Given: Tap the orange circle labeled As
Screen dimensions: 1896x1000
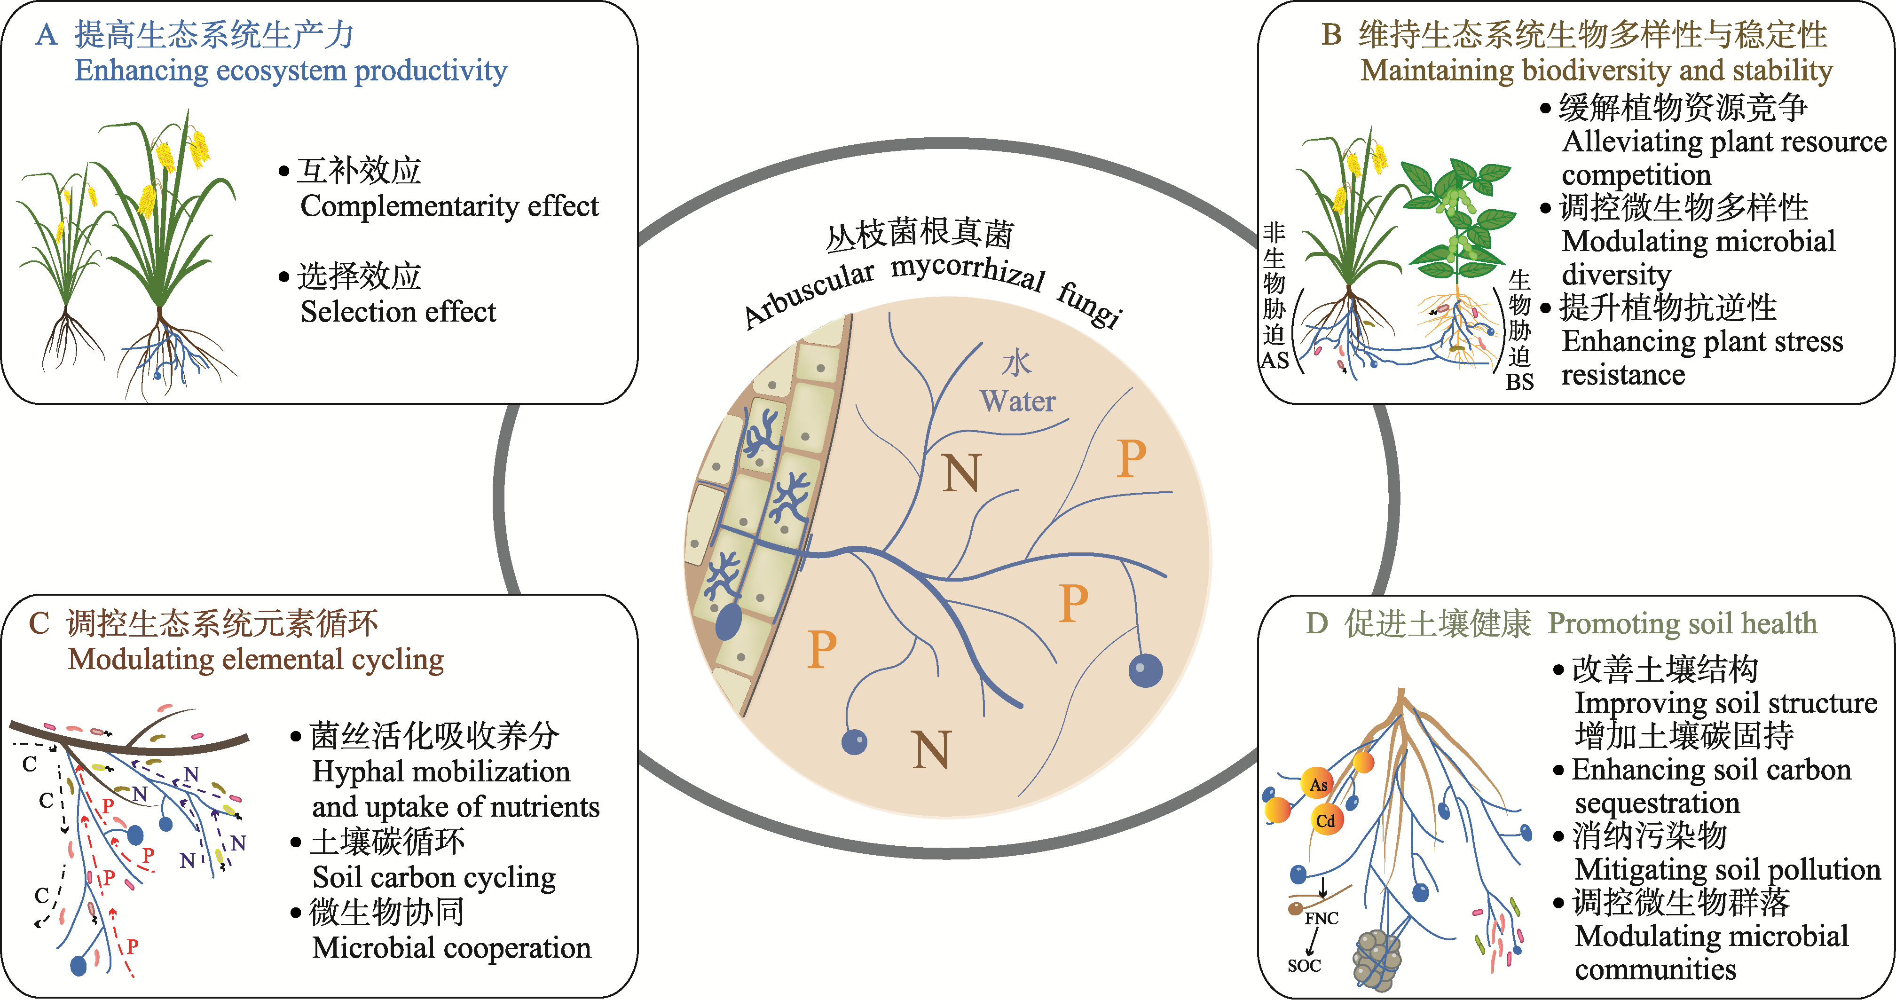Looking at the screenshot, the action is coord(1318,784).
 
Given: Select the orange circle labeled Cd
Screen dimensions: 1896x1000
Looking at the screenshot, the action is coord(1326,820).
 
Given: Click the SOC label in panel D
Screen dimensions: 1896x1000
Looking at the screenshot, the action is coord(1304,965).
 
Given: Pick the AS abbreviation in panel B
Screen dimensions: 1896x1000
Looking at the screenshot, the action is coord(1275,361).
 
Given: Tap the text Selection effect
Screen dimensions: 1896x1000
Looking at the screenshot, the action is coord(398,312).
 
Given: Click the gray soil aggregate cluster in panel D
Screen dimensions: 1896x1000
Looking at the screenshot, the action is coord(1377,960).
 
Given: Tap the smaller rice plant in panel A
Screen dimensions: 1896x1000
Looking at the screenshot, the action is coord(63,265).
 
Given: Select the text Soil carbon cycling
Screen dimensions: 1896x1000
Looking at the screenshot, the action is coord(434,878).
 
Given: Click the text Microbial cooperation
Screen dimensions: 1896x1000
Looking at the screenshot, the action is coord(451,948).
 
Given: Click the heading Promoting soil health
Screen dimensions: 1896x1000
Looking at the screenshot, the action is coord(1683,623).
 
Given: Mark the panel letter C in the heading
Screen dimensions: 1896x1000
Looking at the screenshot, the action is coord(39,624).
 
